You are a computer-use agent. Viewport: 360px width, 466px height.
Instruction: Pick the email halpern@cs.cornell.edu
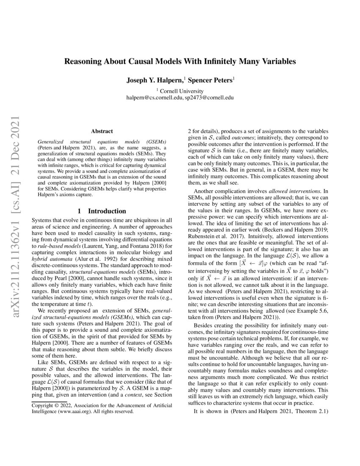(154, 97)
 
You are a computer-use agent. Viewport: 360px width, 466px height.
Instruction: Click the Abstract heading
(102, 132)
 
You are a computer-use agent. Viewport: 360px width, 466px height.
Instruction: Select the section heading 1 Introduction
(102, 211)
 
